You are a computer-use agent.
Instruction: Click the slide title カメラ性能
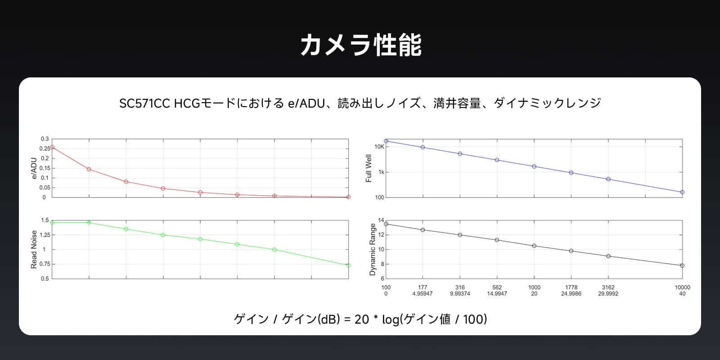pos(360,45)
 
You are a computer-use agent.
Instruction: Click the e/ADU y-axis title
pos(34,168)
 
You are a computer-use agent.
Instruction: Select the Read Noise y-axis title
pos(34,249)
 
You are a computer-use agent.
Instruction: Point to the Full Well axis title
pos(369,168)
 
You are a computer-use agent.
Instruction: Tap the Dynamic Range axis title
pos(372,249)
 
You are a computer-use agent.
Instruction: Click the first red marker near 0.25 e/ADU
pos(52,147)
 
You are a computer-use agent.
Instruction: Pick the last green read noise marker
pos(348,265)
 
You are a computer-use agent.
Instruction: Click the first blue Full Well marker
pos(386,141)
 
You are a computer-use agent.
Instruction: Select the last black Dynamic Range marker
pos(682,266)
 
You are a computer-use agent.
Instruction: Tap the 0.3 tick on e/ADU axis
pos(45,139)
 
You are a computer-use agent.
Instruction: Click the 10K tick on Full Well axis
pos(379,147)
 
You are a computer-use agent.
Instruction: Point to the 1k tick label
pos(381,172)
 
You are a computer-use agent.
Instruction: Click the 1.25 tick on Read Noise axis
pos(45,235)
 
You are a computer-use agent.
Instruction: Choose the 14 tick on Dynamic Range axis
pos(381,220)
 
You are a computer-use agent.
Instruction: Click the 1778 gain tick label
pos(571,288)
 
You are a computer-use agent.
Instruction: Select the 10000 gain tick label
pos(682,288)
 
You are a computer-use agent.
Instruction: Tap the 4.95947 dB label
pos(423,294)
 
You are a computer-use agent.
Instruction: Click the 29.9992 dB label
pos(608,294)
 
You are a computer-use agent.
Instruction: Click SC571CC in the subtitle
pos(144,103)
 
